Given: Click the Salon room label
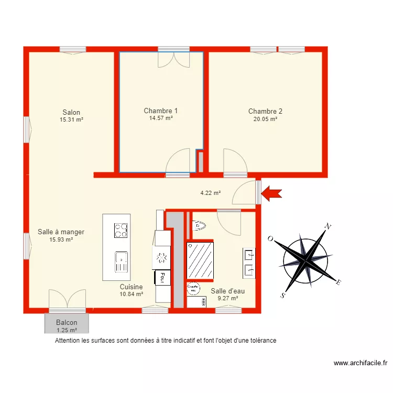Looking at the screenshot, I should click(71, 112).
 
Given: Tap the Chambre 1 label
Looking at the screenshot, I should click(160, 111).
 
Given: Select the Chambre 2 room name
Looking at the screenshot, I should click(265, 111).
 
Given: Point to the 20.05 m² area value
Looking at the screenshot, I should click(265, 119).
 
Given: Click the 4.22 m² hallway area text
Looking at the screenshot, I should click(210, 193).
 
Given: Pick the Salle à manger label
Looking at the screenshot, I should click(61, 232).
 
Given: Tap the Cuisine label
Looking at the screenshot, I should click(131, 287).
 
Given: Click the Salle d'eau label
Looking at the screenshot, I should click(227, 291).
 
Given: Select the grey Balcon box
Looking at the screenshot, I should click(67, 323).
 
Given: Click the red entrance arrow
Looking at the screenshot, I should click(271, 193).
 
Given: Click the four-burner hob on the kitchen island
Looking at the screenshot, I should click(121, 230).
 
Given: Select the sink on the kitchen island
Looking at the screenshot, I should click(121, 261).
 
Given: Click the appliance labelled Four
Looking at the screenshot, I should click(162, 277).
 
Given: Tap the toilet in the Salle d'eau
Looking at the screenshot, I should click(200, 226).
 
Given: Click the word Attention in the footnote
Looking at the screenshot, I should click(68, 341).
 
